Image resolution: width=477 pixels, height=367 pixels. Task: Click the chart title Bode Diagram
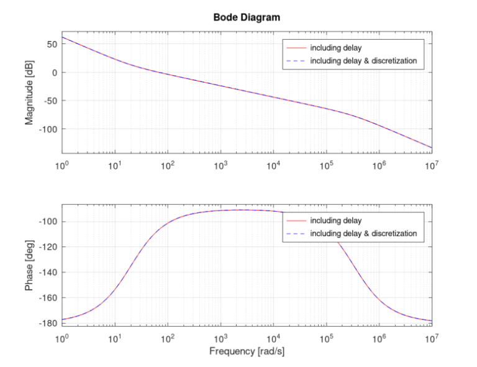[247, 17]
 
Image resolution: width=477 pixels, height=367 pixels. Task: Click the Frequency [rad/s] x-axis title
[247, 351]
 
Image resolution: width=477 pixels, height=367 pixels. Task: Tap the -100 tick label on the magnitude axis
[48, 129]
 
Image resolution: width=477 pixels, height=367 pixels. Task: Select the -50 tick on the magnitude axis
[50, 101]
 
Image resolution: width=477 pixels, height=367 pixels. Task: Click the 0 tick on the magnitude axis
[55, 73]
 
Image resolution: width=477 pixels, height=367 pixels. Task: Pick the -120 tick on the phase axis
[48, 247]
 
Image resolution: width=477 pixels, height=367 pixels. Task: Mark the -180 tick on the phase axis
[48, 323]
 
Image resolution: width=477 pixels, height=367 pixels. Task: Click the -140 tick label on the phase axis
[48, 273]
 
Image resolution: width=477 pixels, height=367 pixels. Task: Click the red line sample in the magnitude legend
[294, 48]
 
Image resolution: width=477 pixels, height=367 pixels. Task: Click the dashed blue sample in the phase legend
[294, 233]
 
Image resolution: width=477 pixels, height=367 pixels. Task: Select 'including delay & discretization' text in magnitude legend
[363, 60]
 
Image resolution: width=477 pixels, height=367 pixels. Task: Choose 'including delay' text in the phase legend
[336, 221]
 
